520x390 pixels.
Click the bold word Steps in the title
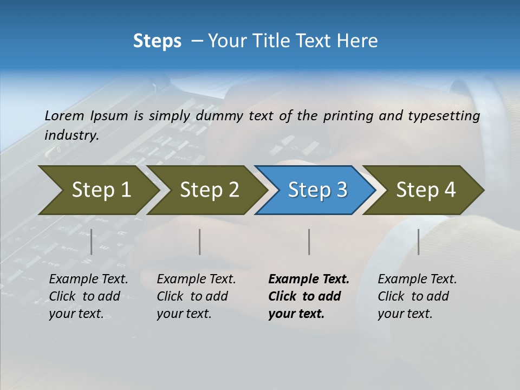(157, 41)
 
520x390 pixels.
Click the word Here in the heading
(357, 41)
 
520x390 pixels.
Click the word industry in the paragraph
(70, 135)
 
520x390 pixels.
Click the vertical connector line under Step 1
(92, 242)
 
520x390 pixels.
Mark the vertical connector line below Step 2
(200, 242)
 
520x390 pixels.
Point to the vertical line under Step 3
(309, 242)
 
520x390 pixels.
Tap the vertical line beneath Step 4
(418, 242)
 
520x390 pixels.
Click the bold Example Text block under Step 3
(308, 296)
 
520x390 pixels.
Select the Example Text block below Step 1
(88, 296)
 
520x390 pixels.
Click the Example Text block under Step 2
(196, 296)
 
